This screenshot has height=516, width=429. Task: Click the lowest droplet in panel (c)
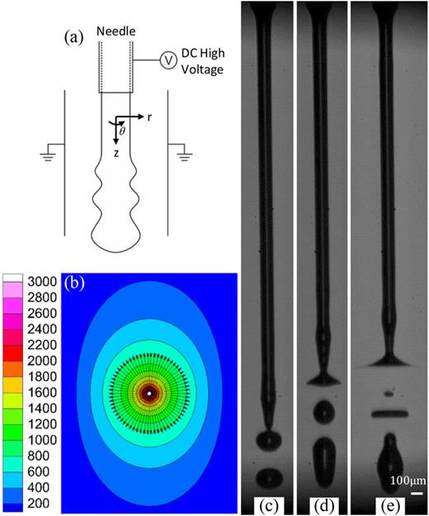point(267,476)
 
